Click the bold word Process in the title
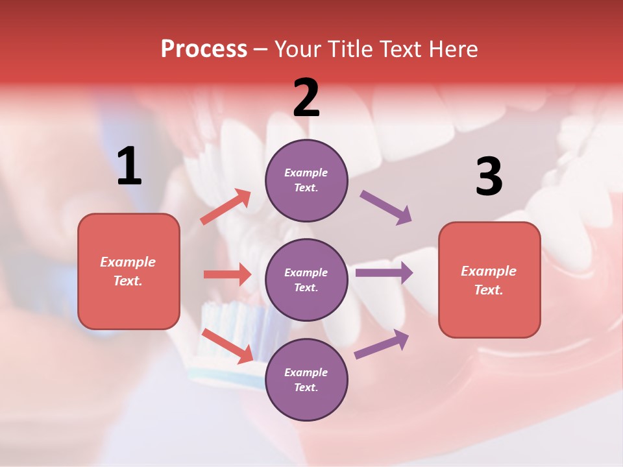pos(204,49)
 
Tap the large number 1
pos(129,166)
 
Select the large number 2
pos(306,97)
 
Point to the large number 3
pos(489,176)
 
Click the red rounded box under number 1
pos(128,271)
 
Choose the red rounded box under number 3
pos(489,280)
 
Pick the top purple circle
pos(306,180)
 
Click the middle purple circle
pos(306,280)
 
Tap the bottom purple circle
pos(306,379)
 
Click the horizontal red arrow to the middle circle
pos(227,274)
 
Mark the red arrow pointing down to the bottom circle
pos(227,346)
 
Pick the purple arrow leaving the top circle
pos(386,208)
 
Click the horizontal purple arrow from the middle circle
pos(384,272)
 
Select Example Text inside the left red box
pos(128,271)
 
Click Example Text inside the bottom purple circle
pos(306,379)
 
